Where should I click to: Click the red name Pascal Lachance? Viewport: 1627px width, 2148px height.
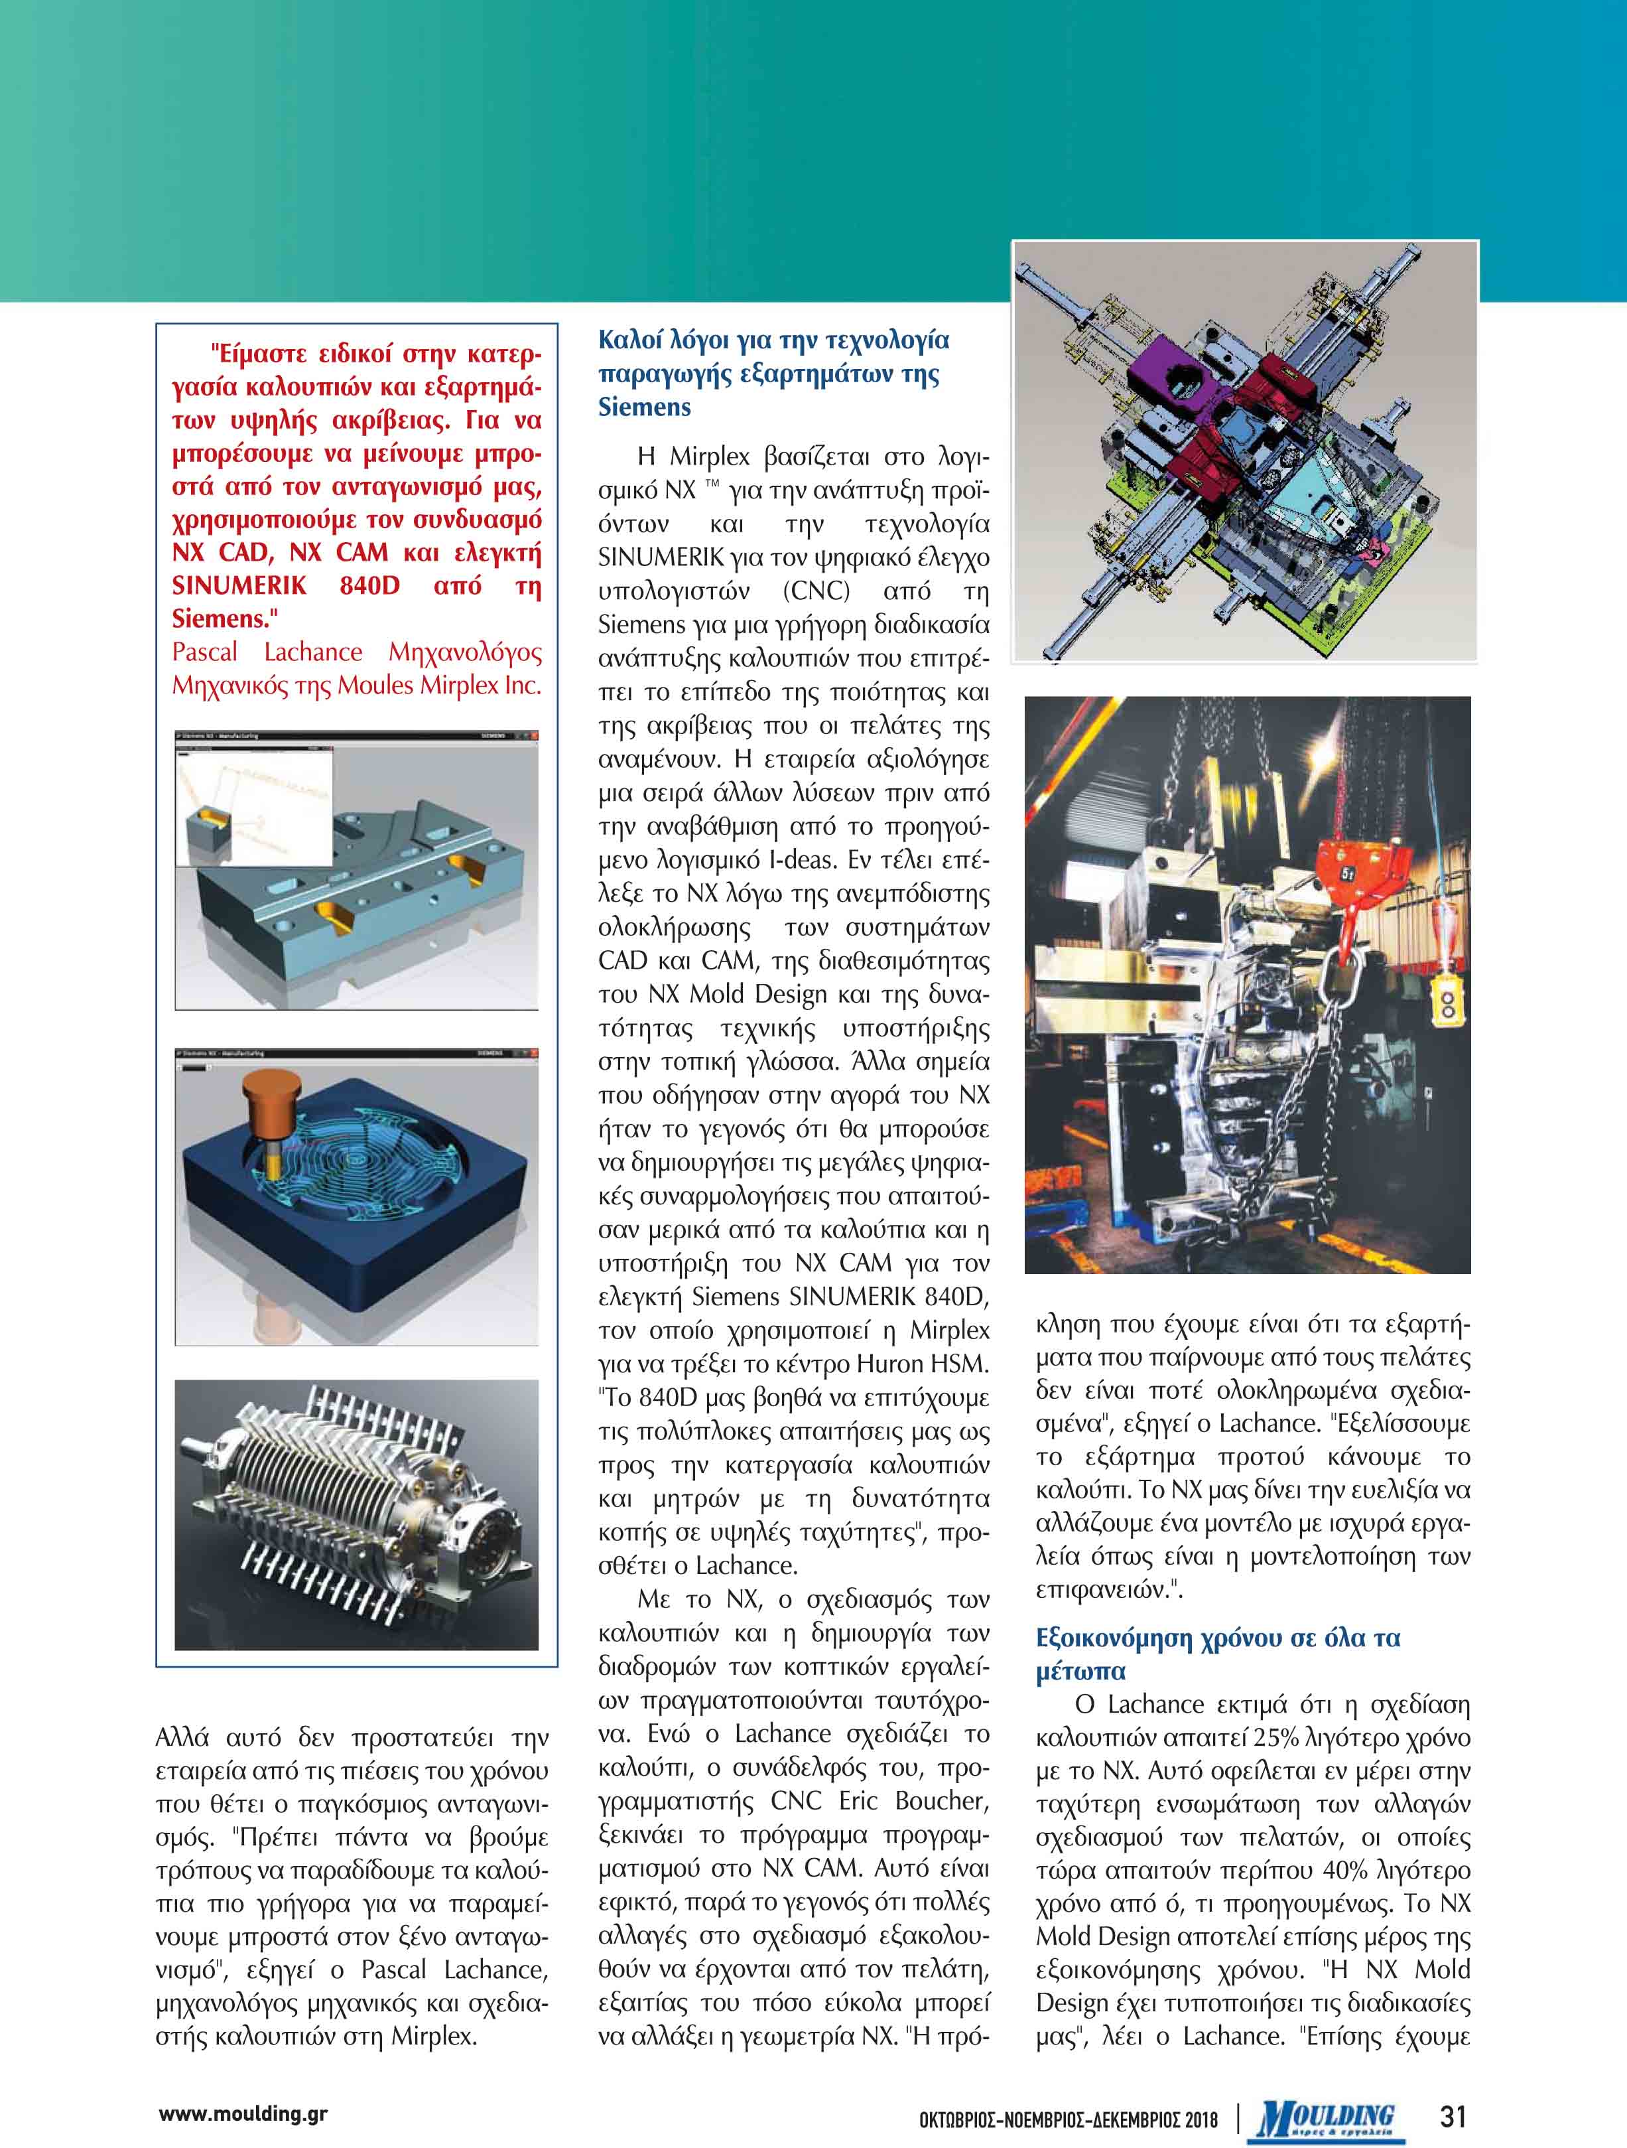tap(267, 652)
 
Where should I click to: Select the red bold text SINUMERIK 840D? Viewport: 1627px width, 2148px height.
tap(285, 585)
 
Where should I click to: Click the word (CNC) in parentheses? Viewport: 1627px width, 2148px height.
tap(816, 591)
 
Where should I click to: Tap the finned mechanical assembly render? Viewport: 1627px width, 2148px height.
tap(356, 1514)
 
